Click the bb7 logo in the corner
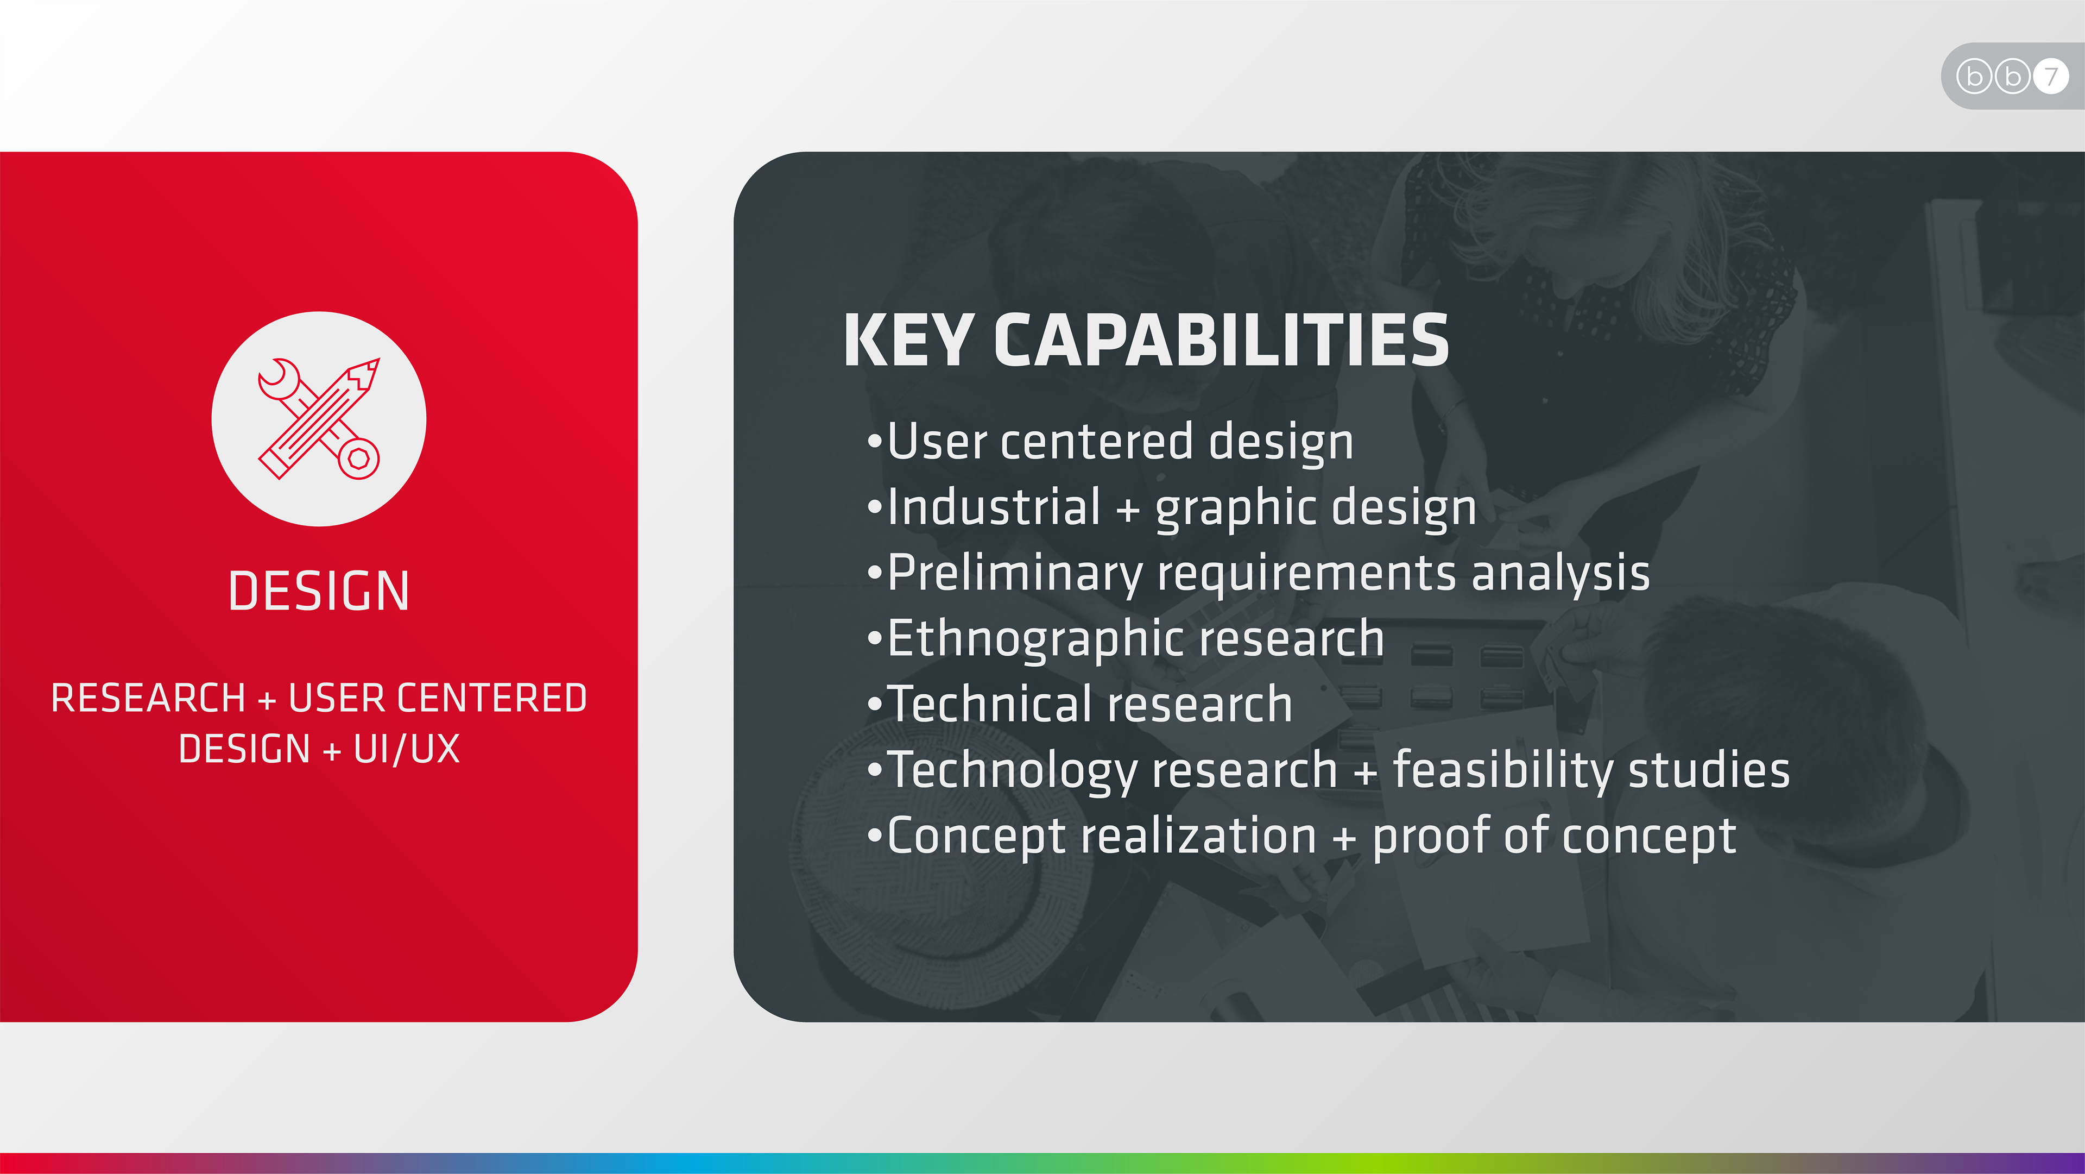[2013, 76]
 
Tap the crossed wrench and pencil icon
[319, 419]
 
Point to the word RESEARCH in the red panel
[148, 698]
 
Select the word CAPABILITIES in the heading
[1221, 340]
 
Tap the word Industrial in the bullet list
[994, 507]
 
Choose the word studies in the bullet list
[1709, 769]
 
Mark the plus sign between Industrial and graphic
[1128, 511]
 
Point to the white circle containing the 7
[2051, 76]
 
